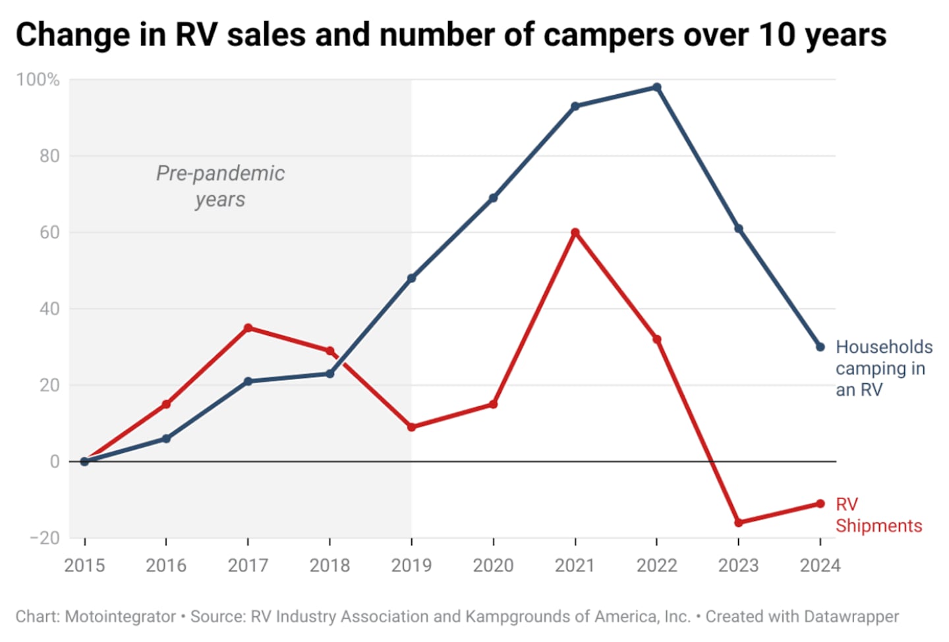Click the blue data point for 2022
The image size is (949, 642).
coord(656,88)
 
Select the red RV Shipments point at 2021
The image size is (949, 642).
coord(575,232)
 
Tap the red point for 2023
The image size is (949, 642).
coord(739,523)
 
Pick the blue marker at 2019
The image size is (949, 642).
coord(412,279)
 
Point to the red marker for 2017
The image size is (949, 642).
coord(248,328)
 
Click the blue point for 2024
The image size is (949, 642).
coord(820,347)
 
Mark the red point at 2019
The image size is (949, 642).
coord(412,427)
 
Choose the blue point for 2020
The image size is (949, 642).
coord(494,198)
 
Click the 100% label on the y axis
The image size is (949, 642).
coord(38,80)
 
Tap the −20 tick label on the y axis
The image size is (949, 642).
coord(45,538)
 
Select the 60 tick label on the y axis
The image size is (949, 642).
coord(49,232)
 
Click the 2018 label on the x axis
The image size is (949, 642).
coord(330,566)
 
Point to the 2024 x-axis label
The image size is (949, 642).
coord(820,566)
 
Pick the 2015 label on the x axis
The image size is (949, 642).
coord(84,566)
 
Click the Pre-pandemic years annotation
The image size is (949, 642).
coord(220,186)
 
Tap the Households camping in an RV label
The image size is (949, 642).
coord(883,368)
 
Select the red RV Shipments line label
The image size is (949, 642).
coord(878,515)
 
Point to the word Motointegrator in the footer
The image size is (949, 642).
coord(121,617)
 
